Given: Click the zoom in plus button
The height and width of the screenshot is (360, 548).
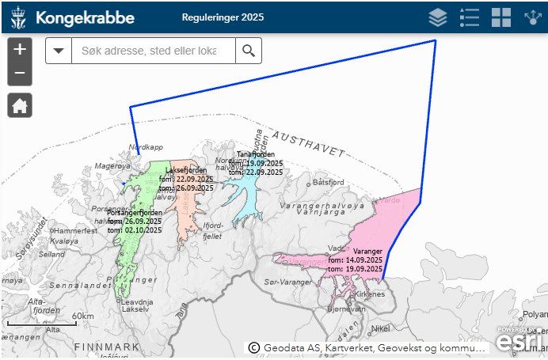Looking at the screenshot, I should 20,49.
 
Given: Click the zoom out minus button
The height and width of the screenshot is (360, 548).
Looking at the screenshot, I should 20,74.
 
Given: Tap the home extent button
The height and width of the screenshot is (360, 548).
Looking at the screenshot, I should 20,105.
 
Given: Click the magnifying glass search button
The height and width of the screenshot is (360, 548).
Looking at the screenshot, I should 249,51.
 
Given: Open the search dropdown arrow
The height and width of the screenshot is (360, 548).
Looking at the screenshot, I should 59,51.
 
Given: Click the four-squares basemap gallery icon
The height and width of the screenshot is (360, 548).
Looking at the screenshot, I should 501,17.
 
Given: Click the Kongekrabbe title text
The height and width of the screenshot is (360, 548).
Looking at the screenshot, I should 85,17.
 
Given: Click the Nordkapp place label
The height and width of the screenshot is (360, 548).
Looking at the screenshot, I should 145,147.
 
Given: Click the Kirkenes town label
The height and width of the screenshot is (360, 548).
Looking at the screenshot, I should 369,294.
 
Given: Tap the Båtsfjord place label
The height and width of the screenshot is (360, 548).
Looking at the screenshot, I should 329,181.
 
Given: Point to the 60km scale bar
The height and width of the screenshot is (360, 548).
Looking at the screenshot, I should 40,321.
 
